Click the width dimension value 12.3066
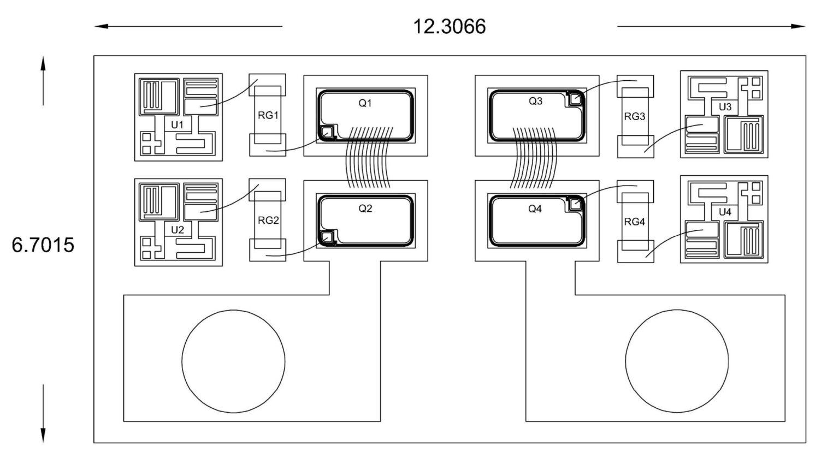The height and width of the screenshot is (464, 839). [449, 27]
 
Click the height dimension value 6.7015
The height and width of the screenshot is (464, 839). [43, 245]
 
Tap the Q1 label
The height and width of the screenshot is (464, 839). [365, 103]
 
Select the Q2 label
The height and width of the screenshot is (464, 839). [365, 209]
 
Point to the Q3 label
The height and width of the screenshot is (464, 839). [536, 100]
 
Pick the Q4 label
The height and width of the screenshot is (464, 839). [535, 209]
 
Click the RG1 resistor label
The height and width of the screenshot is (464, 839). [268, 115]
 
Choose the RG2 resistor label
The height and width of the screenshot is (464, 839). [268, 221]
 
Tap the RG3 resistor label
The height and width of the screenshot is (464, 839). [635, 116]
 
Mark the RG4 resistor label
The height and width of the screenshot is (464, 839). [635, 222]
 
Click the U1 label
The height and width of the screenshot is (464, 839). [177, 124]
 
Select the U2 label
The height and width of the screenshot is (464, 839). [177, 230]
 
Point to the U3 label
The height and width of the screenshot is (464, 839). [725, 107]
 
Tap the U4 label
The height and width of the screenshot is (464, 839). [725, 212]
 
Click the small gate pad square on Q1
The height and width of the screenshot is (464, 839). [327, 132]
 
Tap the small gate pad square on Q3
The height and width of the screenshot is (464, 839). [575, 99]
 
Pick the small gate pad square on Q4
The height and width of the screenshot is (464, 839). [575, 204]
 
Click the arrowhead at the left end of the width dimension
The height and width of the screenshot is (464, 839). [101, 26]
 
